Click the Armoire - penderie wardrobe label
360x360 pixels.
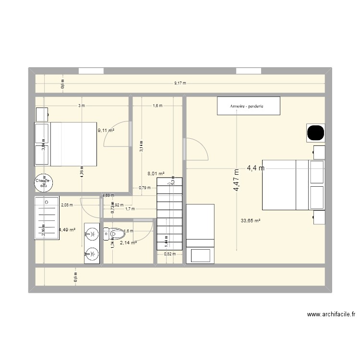tap(248, 106)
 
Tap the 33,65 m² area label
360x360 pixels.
tap(251, 221)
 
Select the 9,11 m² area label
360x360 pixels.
tap(106, 130)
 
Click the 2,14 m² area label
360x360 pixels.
tap(129, 243)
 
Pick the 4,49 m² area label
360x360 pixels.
tap(67, 230)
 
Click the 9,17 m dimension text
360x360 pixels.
tap(180, 84)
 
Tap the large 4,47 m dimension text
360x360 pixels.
tap(236, 180)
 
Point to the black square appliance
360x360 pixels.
tap(315, 132)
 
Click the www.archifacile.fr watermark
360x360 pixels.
tap(331, 315)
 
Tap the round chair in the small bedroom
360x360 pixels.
tap(42, 181)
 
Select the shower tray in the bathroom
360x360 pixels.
tap(47, 217)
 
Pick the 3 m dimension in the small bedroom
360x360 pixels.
tap(81, 106)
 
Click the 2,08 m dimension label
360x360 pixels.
tap(67, 205)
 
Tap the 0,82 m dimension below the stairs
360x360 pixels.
tap(170, 254)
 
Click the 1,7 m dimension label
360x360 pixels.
tap(130, 209)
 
